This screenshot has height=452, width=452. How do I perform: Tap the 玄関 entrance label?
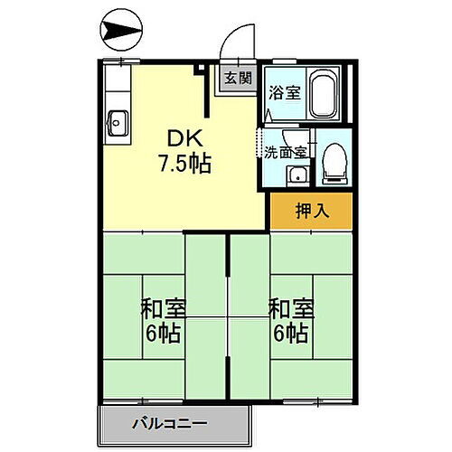click(239, 79)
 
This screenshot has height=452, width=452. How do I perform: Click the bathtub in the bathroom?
click(324, 96)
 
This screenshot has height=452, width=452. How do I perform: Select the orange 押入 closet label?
click(311, 211)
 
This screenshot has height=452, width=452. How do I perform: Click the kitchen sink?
click(118, 118)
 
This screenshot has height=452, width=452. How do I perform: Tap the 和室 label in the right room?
click(291, 307)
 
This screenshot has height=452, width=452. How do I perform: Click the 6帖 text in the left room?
click(163, 332)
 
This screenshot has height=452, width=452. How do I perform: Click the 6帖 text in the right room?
click(291, 332)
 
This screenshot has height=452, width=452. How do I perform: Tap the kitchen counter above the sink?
click(117, 87)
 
